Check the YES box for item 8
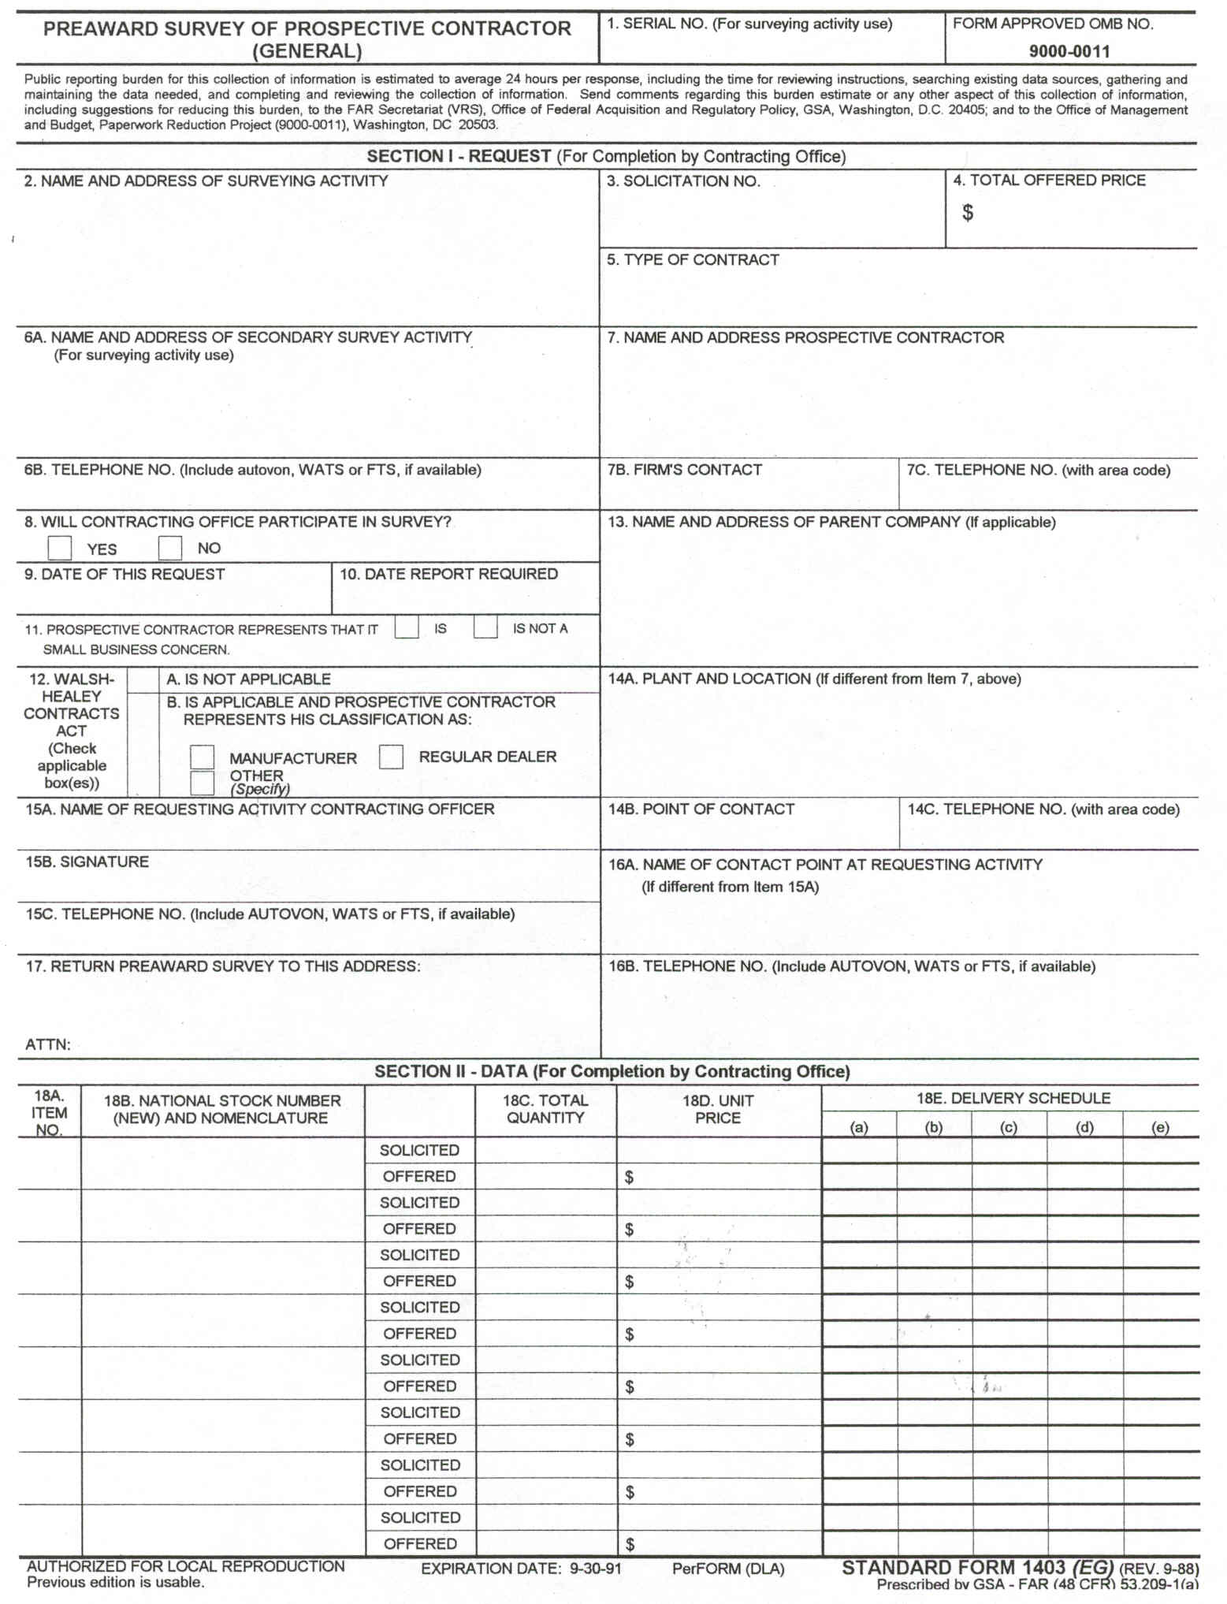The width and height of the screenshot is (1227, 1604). click(x=60, y=547)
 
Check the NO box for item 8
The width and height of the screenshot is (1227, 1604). click(x=170, y=547)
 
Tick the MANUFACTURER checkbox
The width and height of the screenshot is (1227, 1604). click(x=203, y=757)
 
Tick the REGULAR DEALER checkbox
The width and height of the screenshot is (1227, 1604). click(x=391, y=757)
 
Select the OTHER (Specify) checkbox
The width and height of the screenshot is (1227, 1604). click(x=203, y=783)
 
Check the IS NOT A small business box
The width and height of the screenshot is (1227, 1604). click(x=485, y=627)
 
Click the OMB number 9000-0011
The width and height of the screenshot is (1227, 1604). click(x=1069, y=52)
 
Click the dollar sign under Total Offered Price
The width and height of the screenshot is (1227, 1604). click(x=968, y=213)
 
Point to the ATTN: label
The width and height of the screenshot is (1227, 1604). click(x=48, y=1044)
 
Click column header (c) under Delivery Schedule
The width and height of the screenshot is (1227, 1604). click(x=1009, y=1127)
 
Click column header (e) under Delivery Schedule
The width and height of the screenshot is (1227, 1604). click(x=1160, y=1127)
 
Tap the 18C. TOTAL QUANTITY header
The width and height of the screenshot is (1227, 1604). click(x=545, y=1109)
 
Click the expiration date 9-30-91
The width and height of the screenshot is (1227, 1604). click(x=596, y=1569)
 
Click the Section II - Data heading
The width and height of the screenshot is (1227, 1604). click(x=612, y=1071)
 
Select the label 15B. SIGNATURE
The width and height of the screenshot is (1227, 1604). click(x=87, y=862)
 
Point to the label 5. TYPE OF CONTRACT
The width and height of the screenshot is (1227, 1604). click(x=693, y=260)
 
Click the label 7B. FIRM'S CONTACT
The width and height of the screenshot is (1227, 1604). click(x=685, y=470)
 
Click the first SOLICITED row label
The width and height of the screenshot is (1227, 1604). click(x=419, y=1150)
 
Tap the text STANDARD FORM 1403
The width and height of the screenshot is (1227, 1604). click(x=954, y=1568)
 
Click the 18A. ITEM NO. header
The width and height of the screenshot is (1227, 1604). click(x=49, y=1112)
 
